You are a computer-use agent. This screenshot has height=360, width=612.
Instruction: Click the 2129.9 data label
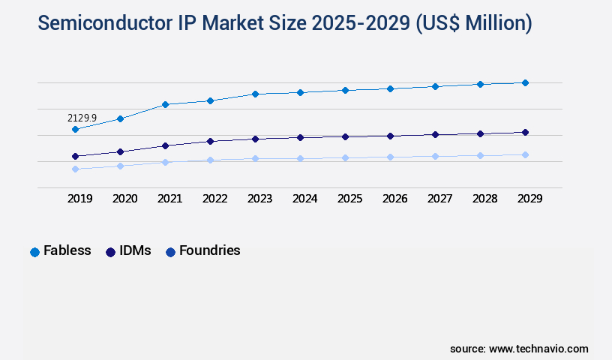82,118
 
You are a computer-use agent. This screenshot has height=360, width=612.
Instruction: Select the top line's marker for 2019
75,129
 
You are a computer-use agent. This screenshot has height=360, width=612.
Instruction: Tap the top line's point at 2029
525,82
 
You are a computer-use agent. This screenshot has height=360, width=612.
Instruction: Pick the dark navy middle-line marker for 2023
255,139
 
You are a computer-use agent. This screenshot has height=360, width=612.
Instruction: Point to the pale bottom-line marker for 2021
165,162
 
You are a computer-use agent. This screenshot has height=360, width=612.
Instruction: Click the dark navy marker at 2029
525,132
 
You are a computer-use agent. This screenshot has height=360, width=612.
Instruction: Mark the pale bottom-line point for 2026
390,157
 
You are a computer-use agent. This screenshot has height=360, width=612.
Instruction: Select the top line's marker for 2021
165,104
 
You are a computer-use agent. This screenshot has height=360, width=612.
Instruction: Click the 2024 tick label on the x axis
304,199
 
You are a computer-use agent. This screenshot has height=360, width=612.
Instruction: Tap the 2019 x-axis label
79,199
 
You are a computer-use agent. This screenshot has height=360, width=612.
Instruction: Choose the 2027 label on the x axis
439,199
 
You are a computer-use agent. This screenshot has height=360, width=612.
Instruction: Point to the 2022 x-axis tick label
214,199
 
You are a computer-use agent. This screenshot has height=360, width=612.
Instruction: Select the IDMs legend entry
128,250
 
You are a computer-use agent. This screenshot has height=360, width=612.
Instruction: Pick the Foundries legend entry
202,250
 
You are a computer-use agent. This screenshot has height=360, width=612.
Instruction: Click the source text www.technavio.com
538,349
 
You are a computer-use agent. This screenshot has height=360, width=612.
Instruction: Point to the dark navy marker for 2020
120,151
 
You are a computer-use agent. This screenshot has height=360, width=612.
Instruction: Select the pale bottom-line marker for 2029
525,154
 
